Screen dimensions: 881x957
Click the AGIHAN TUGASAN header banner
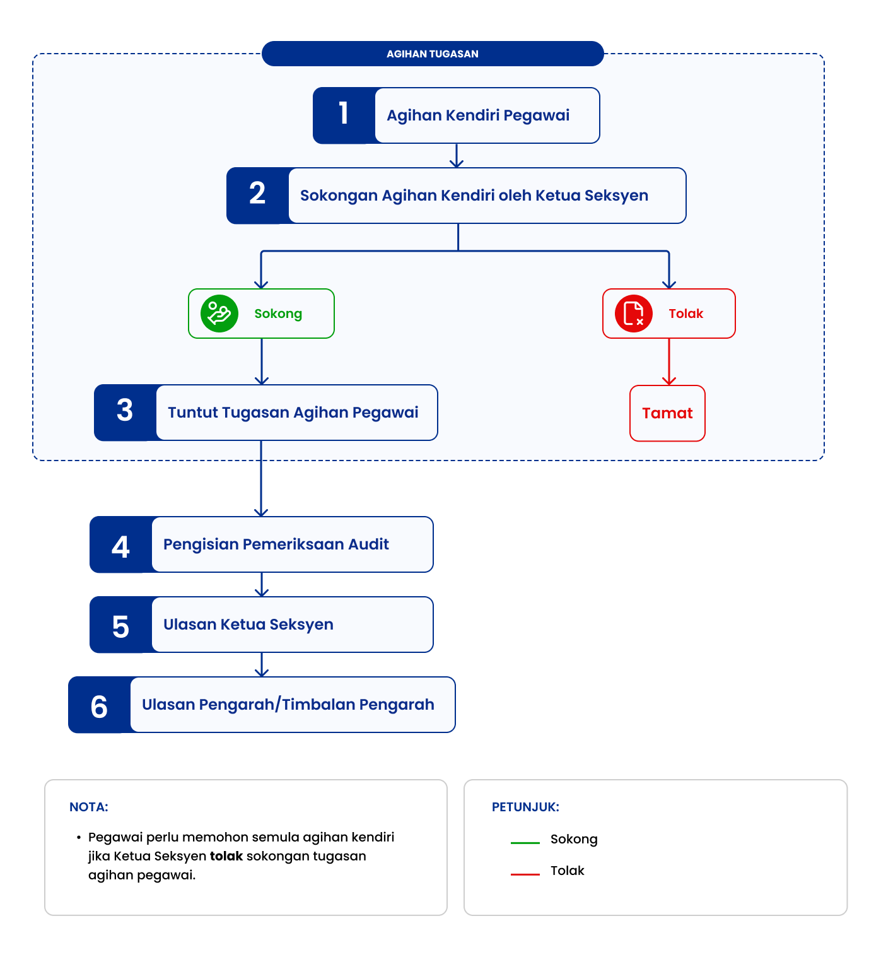[x=432, y=54]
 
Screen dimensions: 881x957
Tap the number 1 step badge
[x=344, y=115]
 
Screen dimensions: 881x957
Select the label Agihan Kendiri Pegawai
[x=478, y=115]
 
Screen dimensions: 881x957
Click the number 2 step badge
[x=257, y=195]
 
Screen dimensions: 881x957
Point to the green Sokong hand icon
[x=219, y=314]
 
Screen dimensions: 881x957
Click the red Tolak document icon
[x=633, y=314]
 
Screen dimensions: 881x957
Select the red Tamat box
[x=667, y=413]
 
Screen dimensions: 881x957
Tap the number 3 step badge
[x=125, y=412]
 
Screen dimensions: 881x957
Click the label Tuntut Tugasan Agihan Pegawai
[x=293, y=413]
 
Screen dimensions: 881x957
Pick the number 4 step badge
[x=120, y=544]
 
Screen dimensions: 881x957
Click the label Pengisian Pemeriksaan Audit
[x=276, y=544]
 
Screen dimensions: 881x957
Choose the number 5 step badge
[x=120, y=624]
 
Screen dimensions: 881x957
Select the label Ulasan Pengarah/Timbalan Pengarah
[x=288, y=705]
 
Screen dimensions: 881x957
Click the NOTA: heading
[x=89, y=807]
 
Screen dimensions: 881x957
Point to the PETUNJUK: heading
[x=525, y=807]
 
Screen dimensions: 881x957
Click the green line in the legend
[x=525, y=843]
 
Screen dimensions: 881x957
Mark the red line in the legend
[x=525, y=874]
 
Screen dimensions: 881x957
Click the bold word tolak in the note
[x=226, y=856]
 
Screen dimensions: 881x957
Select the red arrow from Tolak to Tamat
[x=668, y=361]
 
